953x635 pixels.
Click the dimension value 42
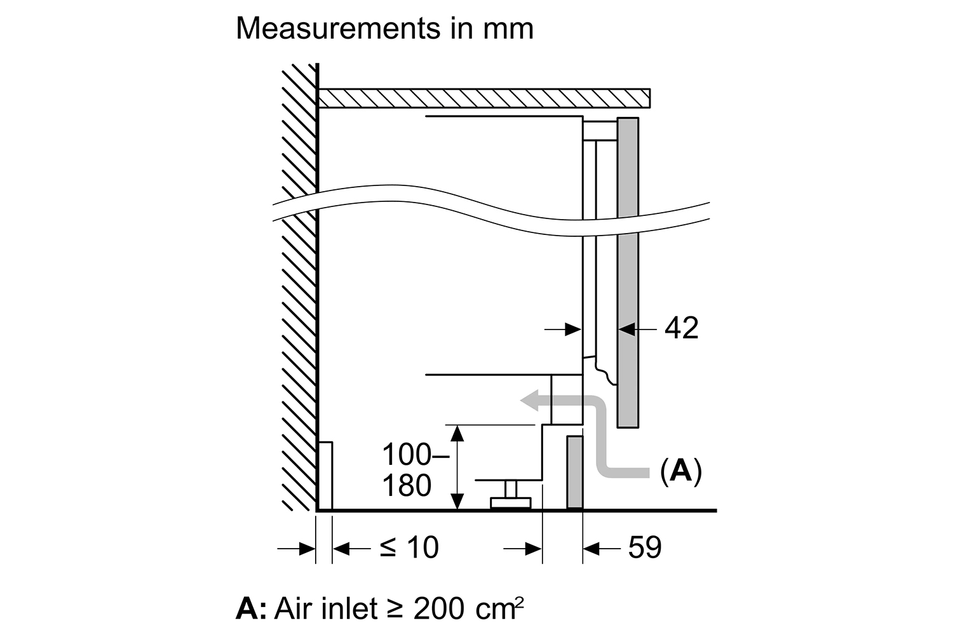(681, 328)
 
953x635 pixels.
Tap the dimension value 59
(644, 547)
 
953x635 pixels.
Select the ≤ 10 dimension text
(409, 547)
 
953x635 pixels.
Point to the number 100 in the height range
(405, 455)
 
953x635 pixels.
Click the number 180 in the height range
(407, 486)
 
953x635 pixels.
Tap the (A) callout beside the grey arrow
(680, 471)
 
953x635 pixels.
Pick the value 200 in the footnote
(439, 609)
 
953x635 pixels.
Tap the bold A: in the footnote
(251, 609)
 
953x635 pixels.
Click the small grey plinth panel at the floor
(574, 472)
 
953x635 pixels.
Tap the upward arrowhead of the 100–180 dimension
(457, 433)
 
